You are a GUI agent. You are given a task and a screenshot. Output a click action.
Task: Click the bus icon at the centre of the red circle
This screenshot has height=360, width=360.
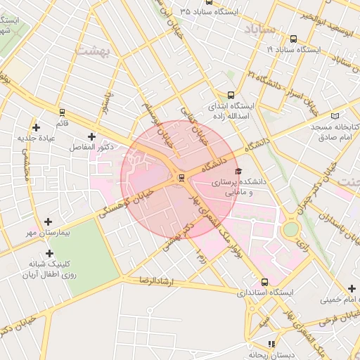click(x=181, y=177)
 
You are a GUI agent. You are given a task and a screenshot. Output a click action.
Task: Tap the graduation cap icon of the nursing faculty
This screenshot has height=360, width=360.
click(x=237, y=172)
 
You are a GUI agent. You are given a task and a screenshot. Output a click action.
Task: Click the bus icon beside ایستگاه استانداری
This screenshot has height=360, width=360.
click(x=264, y=281)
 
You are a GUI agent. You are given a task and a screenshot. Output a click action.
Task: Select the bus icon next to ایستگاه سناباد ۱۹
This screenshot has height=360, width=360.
click(x=292, y=39)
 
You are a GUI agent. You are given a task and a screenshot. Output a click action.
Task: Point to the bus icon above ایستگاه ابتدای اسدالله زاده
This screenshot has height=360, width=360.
click(x=231, y=96)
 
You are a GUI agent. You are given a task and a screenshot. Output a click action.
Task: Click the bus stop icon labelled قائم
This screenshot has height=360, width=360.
click(x=62, y=112)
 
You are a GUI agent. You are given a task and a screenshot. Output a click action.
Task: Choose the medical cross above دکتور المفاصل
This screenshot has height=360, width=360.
click(x=91, y=136)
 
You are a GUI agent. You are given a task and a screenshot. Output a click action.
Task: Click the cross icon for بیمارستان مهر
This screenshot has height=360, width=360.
click(x=48, y=221)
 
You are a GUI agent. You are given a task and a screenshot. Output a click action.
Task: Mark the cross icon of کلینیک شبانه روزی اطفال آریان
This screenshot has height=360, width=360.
click(x=49, y=253)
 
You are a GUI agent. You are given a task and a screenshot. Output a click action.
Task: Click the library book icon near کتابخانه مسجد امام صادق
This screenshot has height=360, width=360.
click(x=335, y=115)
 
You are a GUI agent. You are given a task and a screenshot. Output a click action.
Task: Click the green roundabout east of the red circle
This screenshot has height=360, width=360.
click(x=290, y=229)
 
